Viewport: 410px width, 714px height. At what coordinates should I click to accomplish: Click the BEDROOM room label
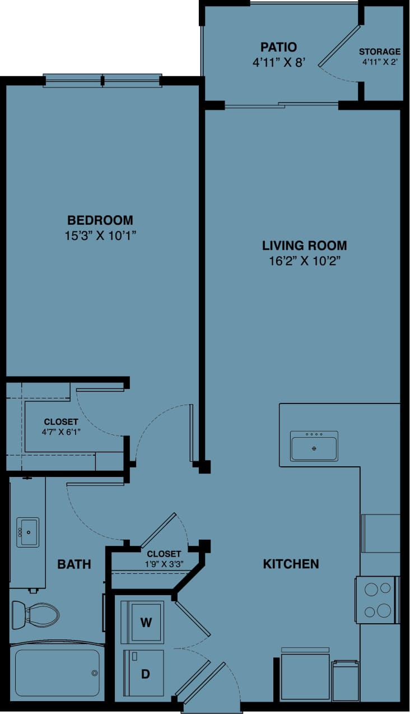100,220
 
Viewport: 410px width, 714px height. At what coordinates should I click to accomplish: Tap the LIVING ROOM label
304,245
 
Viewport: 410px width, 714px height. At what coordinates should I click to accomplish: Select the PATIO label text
278,47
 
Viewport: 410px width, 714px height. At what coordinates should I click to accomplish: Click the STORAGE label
380,52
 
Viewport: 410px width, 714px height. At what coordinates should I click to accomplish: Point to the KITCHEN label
291,564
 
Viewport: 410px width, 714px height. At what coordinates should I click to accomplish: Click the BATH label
74,564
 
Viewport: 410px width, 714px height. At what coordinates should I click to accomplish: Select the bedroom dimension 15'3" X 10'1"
100,235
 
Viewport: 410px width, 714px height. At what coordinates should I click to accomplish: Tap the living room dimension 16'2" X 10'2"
304,261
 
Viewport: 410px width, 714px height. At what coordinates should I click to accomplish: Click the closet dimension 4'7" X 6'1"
61,432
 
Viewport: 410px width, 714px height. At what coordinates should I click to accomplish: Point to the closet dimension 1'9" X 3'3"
164,564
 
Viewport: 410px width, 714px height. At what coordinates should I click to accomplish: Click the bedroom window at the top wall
102,81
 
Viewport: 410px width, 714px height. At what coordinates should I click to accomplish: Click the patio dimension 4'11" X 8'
278,62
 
